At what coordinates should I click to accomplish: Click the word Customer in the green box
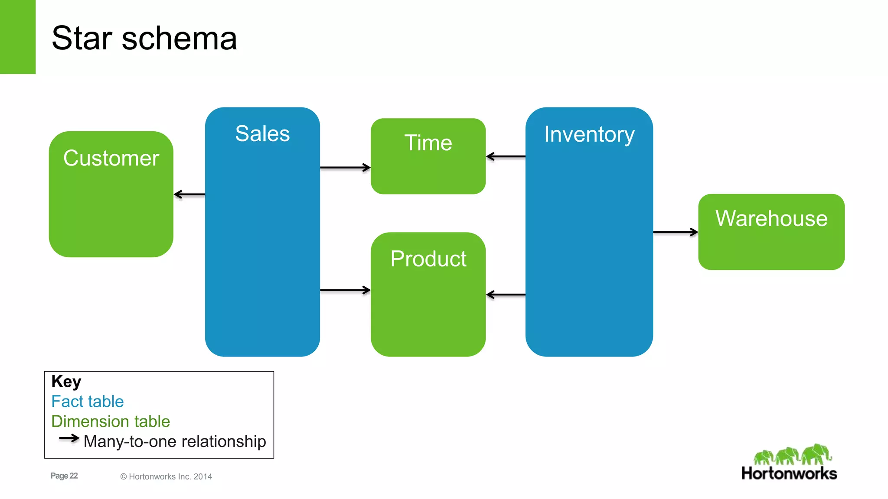111,158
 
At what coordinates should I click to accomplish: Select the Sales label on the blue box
262,133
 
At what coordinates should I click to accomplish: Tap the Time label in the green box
428,143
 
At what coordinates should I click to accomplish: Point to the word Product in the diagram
428,259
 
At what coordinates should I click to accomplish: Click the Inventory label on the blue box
589,134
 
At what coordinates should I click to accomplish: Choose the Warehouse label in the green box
771,218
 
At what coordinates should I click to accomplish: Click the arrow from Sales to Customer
189,194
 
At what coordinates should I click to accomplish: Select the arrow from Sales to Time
345,167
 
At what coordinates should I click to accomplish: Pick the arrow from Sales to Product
345,290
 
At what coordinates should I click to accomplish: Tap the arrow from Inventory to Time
506,156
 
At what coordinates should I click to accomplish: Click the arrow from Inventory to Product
506,295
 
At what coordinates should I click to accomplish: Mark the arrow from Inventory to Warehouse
675,232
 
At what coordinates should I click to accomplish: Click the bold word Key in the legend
66,382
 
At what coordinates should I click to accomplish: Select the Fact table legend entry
88,402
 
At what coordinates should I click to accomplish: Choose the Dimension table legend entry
111,421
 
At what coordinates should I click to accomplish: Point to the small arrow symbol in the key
69,438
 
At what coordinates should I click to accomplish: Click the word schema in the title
179,39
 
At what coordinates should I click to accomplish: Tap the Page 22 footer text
64,476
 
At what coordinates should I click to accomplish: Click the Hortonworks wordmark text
789,473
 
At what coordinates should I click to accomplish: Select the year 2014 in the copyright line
202,476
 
